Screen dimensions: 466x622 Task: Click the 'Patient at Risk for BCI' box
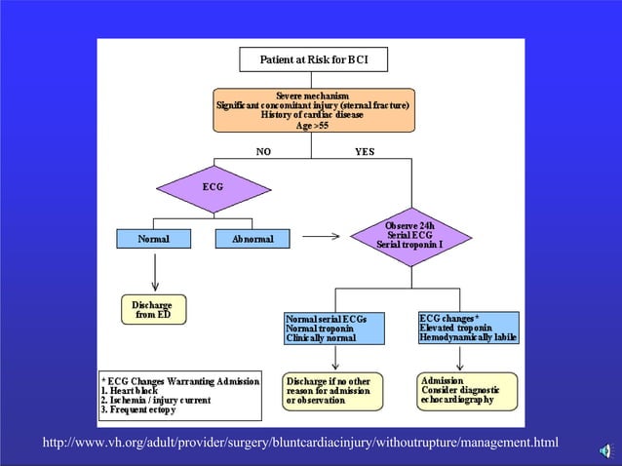[311, 60]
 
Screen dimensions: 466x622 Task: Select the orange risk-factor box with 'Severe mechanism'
[311, 109]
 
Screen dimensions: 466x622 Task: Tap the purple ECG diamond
[213, 185]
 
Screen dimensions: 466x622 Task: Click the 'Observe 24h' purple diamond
[409, 236]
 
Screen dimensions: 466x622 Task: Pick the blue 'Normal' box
[153, 238]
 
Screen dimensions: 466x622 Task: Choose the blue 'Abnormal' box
[252, 238]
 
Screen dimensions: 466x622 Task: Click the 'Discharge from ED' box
[152, 310]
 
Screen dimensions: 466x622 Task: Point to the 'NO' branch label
[263, 152]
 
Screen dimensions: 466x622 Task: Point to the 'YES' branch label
[364, 152]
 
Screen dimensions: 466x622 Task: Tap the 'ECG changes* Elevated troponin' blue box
[468, 328]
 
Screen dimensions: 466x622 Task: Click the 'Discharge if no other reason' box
[332, 390]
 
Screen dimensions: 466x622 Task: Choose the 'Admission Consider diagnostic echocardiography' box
[467, 390]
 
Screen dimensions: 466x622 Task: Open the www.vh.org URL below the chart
[300, 445]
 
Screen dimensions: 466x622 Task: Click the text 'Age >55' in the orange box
[311, 126]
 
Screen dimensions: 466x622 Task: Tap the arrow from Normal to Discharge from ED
[153, 270]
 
